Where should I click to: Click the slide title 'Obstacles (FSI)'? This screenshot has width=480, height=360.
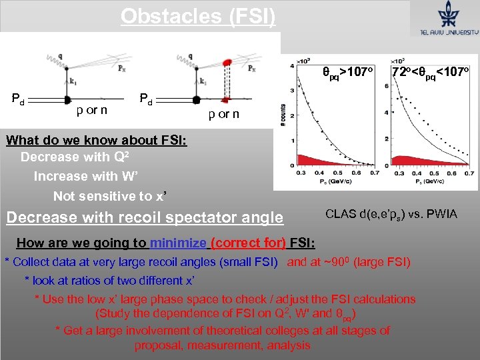pyautogui.click(x=197, y=15)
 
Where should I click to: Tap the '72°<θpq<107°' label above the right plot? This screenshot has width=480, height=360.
pyautogui.click(x=431, y=71)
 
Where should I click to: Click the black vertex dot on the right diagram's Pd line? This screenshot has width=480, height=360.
pyautogui.click(x=196, y=101)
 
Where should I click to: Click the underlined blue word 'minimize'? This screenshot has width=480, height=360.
pyautogui.click(x=179, y=242)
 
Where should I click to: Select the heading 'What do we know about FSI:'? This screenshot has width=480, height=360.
pyautogui.click(x=96, y=140)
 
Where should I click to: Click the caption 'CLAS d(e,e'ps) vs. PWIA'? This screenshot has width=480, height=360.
pyautogui.click(x=391, y=214)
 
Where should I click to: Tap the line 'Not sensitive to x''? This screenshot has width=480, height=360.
pyautogui.click(x=109, y=196)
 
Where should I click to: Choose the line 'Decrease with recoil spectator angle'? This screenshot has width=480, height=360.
pyautogui.click(x=144, y=217)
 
